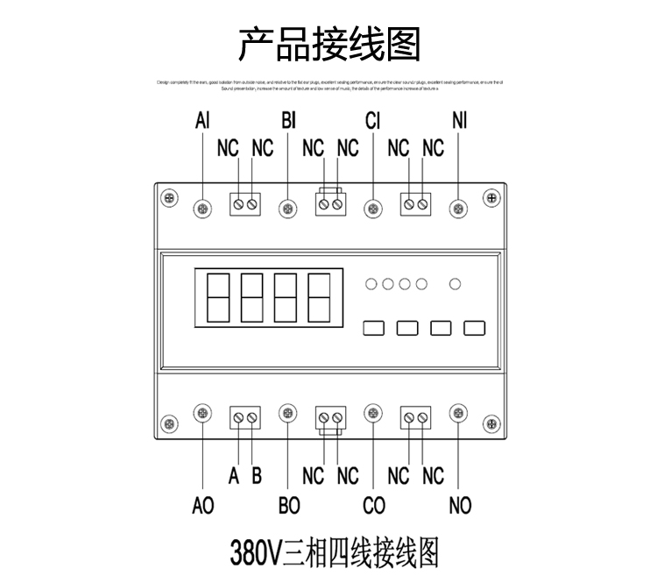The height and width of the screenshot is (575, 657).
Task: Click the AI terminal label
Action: coord(202,121)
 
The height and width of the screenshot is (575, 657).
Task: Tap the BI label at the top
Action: coord(288,121)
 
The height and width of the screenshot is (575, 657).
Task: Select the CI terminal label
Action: coord(374,121)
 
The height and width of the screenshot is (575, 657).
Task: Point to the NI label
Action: coord(459,121)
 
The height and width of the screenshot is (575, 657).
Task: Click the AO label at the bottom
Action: coord(202,506)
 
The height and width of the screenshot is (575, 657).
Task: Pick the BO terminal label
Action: coord(288,506)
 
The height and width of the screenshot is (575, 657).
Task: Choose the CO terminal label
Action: coord(374,506)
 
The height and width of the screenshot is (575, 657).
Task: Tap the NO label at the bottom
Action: coord(459,506)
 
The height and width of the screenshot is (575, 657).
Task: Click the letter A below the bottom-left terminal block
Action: coord(234,476)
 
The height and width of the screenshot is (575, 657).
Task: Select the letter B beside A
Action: coord(257,476)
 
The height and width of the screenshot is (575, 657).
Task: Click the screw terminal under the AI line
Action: coord(202,208)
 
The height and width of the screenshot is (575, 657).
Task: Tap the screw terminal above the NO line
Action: coord(458,413)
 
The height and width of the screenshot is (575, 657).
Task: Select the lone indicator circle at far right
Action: coord(454,283)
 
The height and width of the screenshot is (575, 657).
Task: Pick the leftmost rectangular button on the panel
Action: coord(374,329)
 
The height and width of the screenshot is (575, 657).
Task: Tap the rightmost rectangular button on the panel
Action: coord(475,329)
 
